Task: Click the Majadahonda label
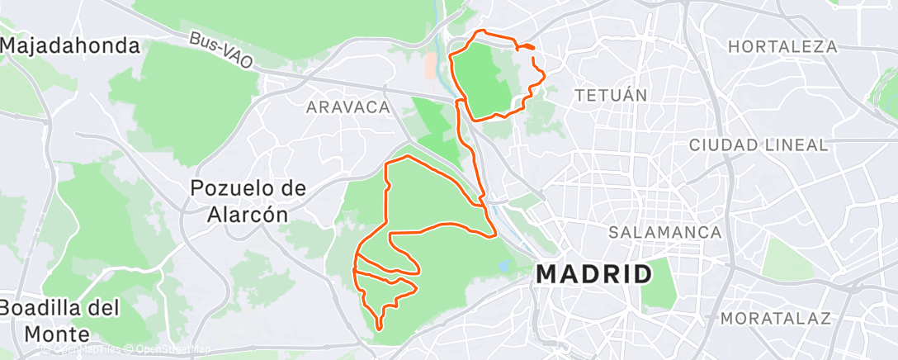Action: click(x=69, y=46)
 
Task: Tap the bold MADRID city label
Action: click(x=594, y=274)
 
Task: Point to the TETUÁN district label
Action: click(x=610, y=95)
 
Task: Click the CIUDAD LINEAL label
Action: click(x=759, y=145)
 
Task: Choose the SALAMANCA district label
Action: click(x=665, y=233)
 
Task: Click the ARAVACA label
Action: click(x=347, y=107)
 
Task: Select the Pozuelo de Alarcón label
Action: click(x=248, y=201)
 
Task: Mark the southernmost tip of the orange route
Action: click(x=379, y=329)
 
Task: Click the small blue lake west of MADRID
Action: click(x=504, y=268)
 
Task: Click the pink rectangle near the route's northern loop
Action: click(x=430, y=66)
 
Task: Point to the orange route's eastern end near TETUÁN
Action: click(x=533, y=49)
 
